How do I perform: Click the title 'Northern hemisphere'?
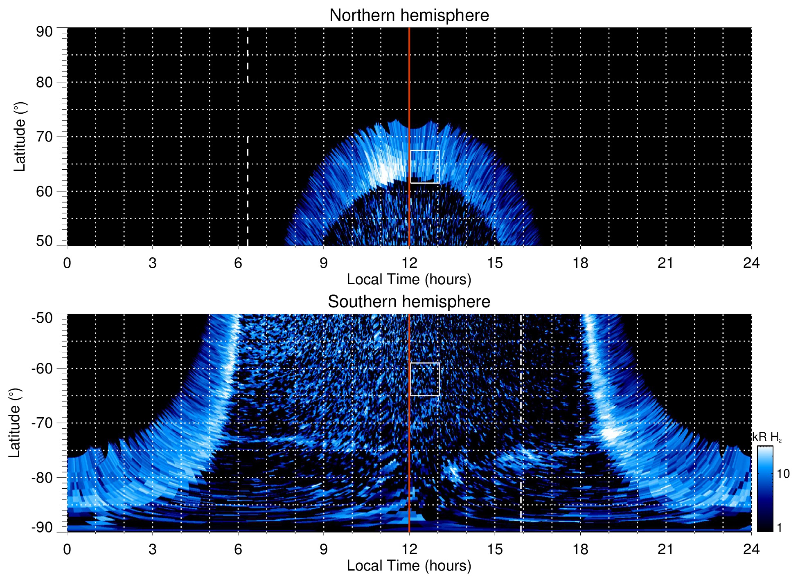tap(409, 16)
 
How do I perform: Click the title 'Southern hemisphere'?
tap(409, 302)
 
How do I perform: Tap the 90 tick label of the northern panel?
tap(44, 32)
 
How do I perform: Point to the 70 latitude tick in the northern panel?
tap(44, 137)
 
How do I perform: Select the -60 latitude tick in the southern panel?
tap(42, 369)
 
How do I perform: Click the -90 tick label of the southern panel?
tap(42, 528)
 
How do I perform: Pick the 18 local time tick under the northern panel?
tap(580, 263)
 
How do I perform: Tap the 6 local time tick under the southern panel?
tap(238, 549)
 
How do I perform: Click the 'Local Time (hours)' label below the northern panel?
tap(409, 280)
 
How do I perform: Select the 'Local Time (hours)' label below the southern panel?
tap(409, 566)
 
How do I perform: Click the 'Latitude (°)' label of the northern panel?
tap(20, 137)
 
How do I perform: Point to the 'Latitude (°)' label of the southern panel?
tap(15, 423)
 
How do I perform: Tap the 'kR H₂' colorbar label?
tap(767, 437)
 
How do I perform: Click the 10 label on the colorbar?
tap(783, 474)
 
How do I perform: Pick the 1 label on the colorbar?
tap(779, 528)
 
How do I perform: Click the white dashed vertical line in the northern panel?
tap(248, 184)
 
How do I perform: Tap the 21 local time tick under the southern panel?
tap(666, 549)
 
